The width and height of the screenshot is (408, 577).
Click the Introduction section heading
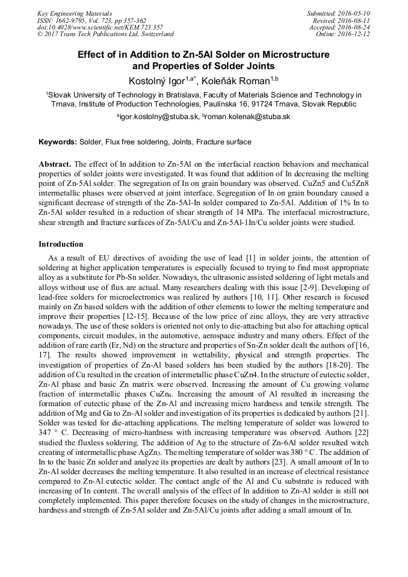61,244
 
